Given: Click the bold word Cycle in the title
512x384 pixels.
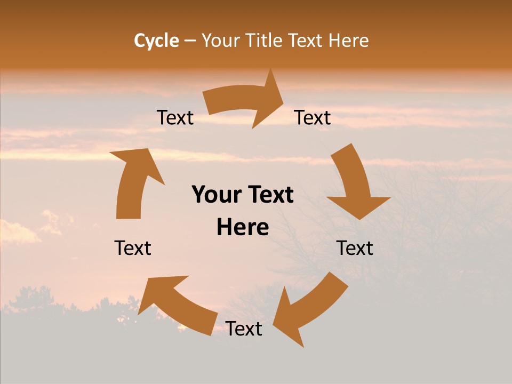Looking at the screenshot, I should tap(156, 41).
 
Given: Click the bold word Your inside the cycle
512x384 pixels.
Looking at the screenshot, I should tap(217, 195).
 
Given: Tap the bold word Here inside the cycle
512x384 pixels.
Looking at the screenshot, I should tap(243, 228).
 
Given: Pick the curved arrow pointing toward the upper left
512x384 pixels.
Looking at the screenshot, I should tap(176, 304).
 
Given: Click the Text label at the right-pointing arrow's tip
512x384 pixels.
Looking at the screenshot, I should tap(313, 118).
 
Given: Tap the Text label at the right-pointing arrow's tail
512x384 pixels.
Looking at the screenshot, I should tap(175, 118).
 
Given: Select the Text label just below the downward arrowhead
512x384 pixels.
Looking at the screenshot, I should tap(355, 248).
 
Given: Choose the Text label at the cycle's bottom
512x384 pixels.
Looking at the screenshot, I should tap(244, 329).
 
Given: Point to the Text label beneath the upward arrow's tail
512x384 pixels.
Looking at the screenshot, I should tap(133, 248).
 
